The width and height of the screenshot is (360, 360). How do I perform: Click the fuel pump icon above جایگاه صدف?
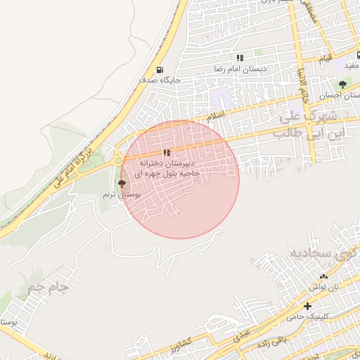click(160, 70)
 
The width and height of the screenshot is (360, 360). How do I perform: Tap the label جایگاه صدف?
click(160, 80)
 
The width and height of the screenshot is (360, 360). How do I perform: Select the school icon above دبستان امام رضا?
click(240, 58)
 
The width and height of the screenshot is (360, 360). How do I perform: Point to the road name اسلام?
click(216, 114)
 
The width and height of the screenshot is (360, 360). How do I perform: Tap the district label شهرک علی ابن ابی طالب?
click(310, 124)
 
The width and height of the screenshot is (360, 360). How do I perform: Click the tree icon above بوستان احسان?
click(342, 84)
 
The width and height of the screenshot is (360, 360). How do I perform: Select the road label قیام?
click(324, 57)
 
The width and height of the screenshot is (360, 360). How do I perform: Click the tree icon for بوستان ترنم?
click(122, 184)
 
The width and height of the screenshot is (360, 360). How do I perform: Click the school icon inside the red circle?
click(167, 153)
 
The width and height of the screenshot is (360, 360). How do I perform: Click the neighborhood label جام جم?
click(47, 287)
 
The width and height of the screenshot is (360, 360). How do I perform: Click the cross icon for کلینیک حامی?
click(307, 306)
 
